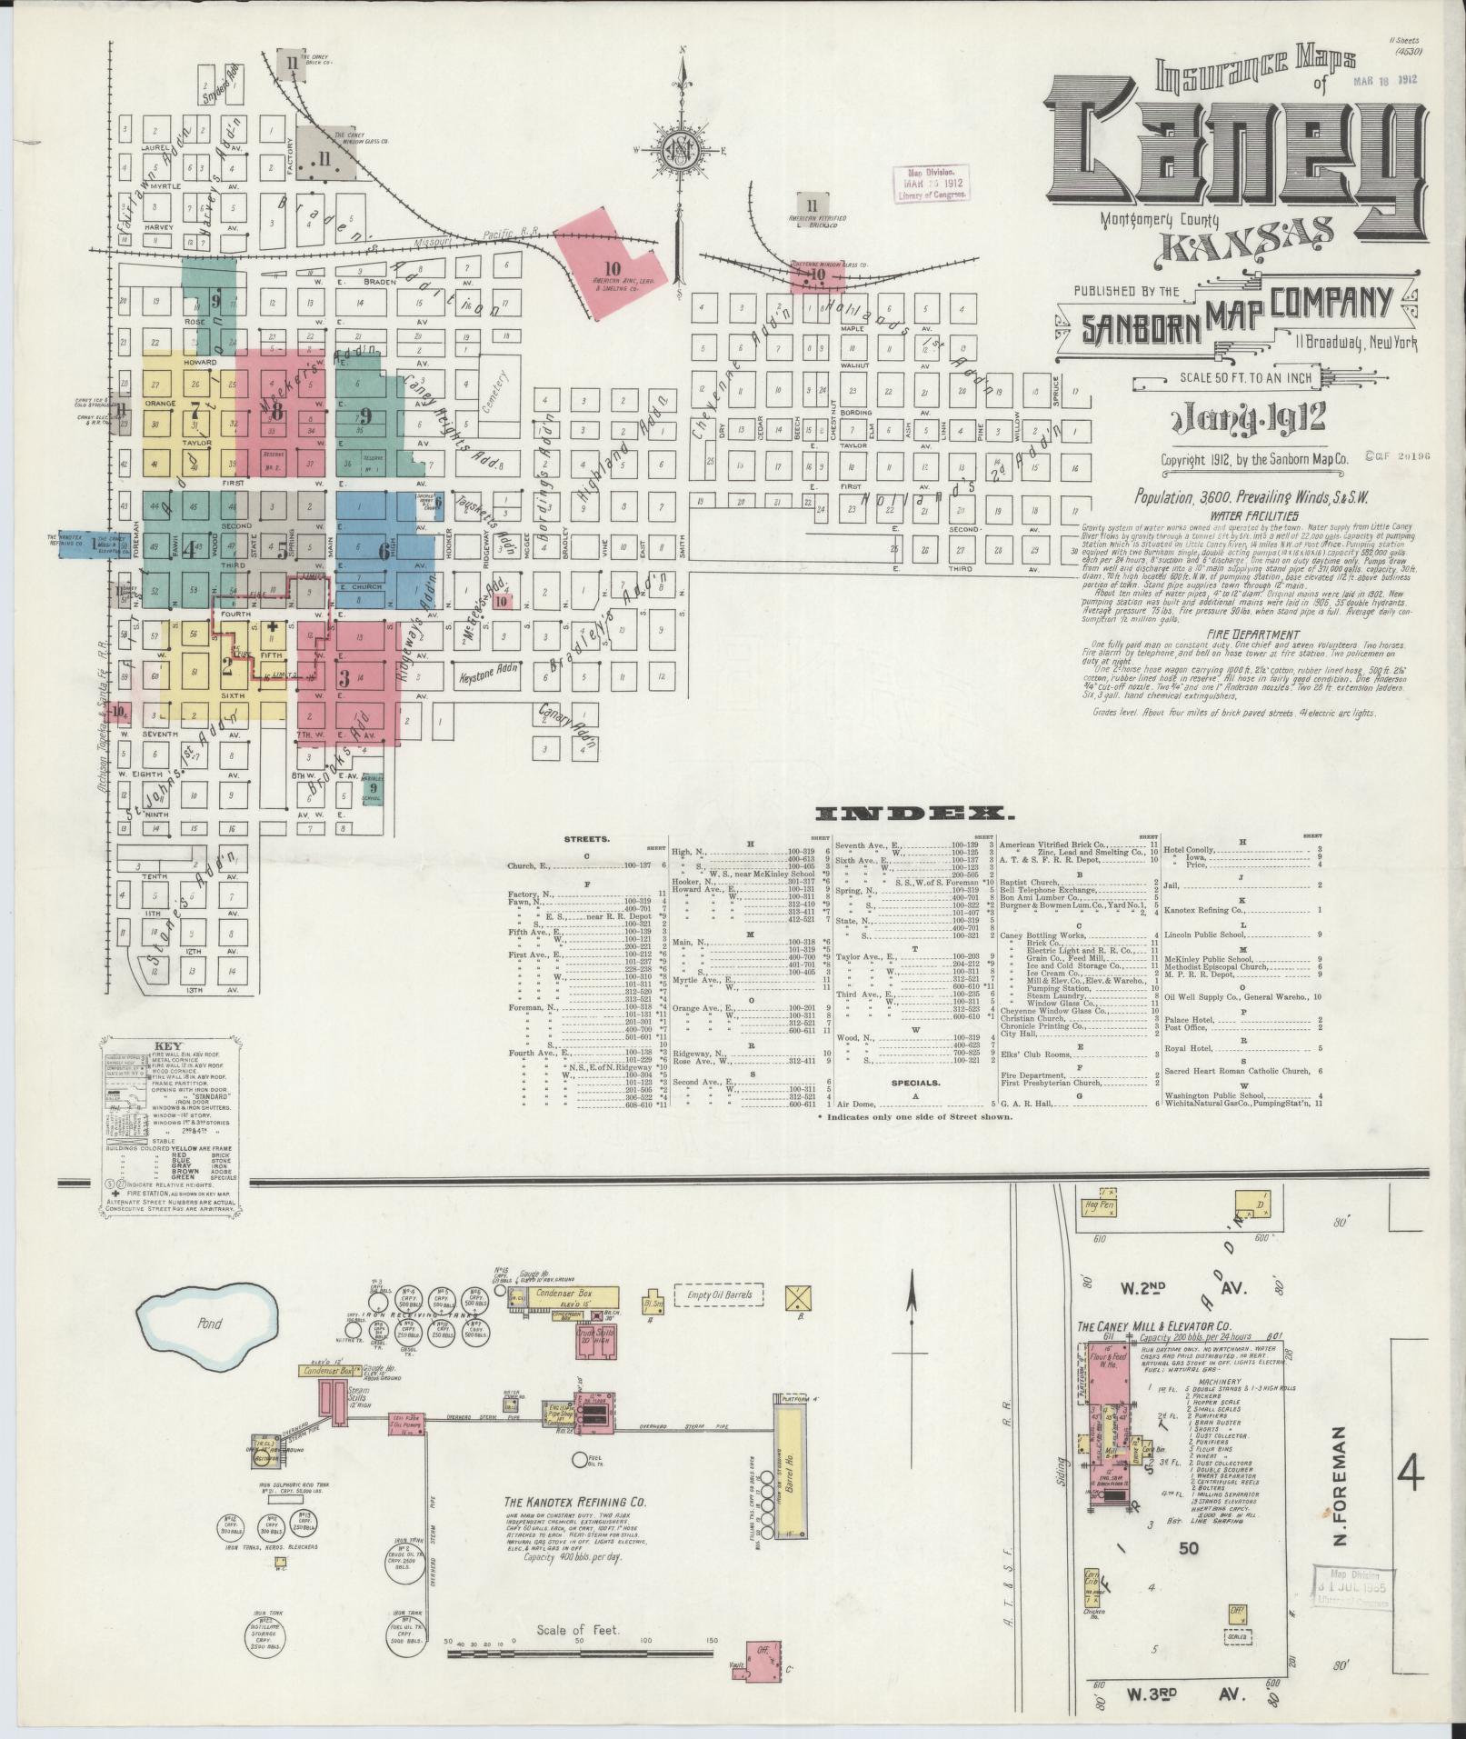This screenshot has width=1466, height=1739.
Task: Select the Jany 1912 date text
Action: [1250, 418]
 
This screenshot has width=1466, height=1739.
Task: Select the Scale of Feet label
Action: [578, 1631]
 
